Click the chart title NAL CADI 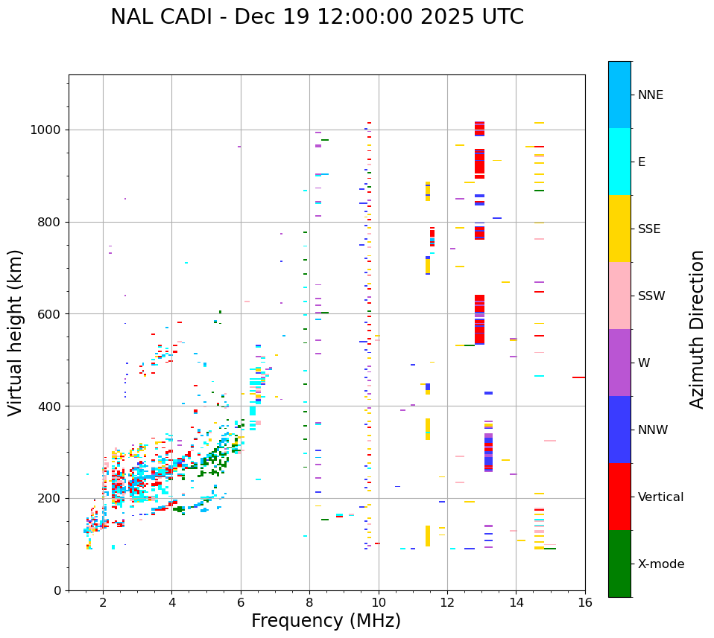click(317, 16)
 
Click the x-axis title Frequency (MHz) click(326, 621)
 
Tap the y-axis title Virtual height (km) click(16, 332)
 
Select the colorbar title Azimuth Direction click(697, 329)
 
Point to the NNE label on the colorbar click(650, 95)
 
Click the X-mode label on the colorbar click(660, 564)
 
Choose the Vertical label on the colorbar click(660, 497)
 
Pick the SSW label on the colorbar click(651, 296)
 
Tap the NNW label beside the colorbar click(653, 430)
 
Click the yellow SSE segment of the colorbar click(619, 229)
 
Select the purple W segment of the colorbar click(619, 363)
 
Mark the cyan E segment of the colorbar click(619, 162)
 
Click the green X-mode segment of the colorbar click(619, 564)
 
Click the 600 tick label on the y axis click(51, 314)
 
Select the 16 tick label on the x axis click(585, 602)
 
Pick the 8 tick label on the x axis click(309, 602)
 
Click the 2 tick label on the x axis click(103, 602)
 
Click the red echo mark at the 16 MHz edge click(578, 377)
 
